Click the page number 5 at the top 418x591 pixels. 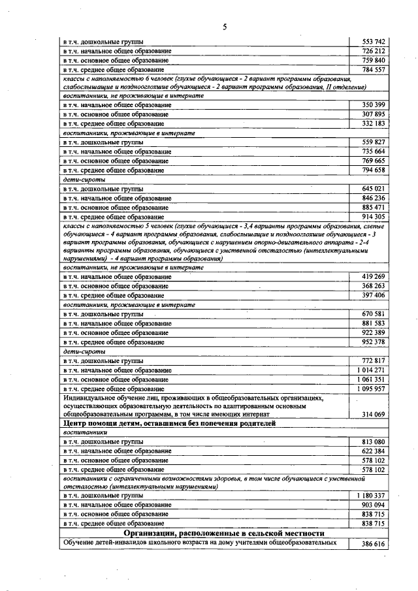click(224, 27)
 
